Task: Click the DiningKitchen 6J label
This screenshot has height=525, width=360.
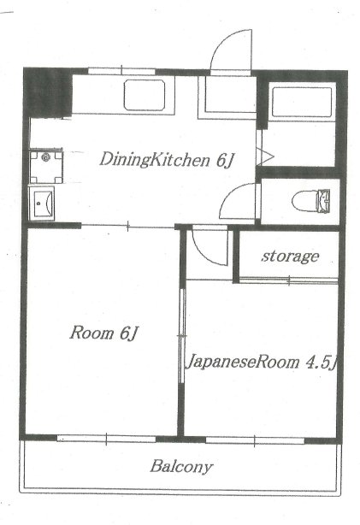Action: point(166,158)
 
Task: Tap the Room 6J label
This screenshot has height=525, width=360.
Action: point(103,332)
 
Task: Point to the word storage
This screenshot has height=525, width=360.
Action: point(290,256)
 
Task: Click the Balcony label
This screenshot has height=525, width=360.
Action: point(181,467)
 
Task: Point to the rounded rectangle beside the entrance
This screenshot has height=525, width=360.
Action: point(150,96)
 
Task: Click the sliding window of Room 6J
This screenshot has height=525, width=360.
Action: point(106,439)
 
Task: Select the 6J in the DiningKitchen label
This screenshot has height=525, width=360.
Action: point(223,158)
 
